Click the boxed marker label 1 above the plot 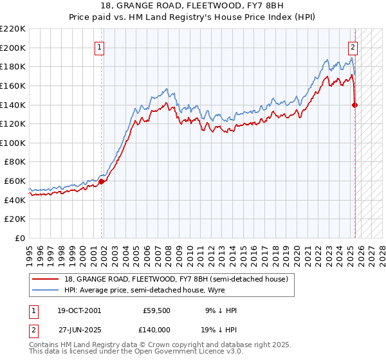click(x=101, y=46)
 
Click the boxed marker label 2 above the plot click(x=353, y=46)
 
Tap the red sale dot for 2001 click(x=102, y=181)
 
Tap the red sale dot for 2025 click(x=355, y=105)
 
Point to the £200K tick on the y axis click(x=14, y=48)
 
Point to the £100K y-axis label click(x=14, y=143)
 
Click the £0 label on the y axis click(x=20, y=238)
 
